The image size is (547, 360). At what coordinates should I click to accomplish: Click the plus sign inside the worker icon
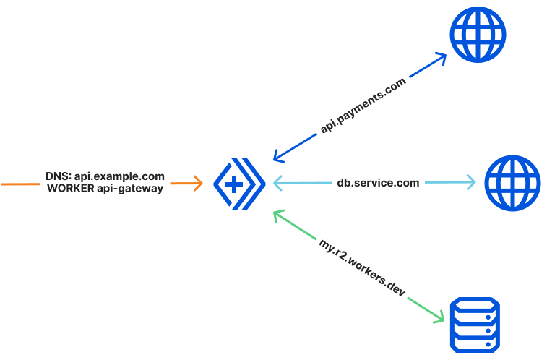pyautogui.click(x=234, y=184)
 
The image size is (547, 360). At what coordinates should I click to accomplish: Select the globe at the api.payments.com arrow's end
pyautogui.click(x=478, y=34)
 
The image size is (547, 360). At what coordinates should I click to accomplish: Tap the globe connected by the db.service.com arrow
pyautogui.click(x=512, y=183)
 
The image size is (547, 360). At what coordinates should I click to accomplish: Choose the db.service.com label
pyautogui.click(x=378, y=183)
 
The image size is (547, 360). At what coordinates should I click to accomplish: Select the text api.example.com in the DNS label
pyautogui.click(x=120, y=176)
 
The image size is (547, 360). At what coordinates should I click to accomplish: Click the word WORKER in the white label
pyautogui.click(x=72, y=189)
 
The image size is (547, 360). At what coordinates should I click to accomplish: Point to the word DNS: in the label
pyautogui.click(x=59, y=176)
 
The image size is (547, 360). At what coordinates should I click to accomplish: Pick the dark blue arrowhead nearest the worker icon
pyautogui.click(x=277, y=155)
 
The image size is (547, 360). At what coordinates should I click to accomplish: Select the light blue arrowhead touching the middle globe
pyautogui.click(x=471, y=183)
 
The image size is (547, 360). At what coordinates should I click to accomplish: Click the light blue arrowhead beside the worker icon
pyautogui.click(x=277, y=183)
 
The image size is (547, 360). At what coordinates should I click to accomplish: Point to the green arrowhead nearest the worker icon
pyautogui.click(x=277, y=213)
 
